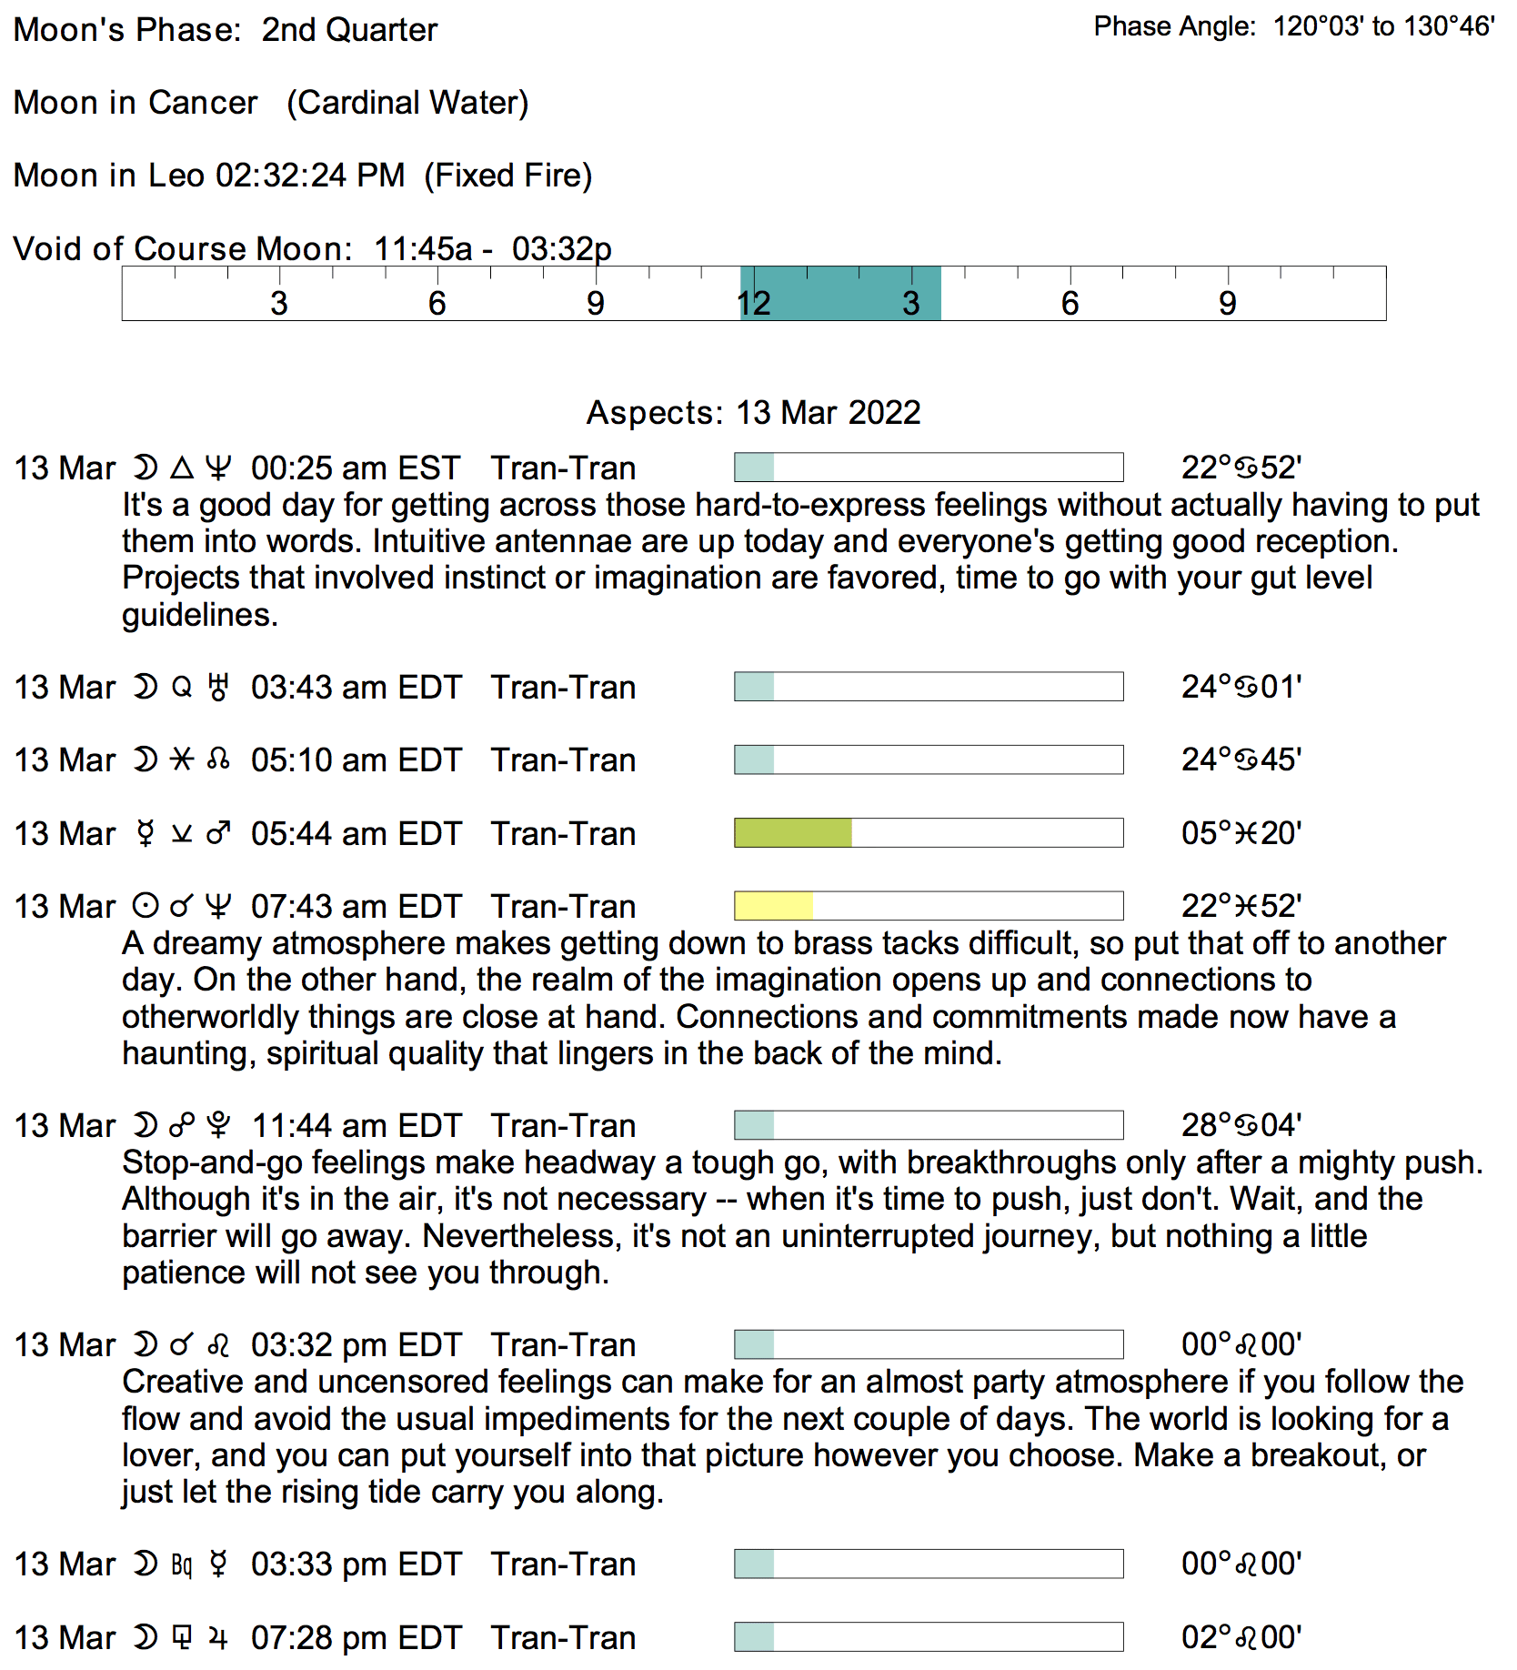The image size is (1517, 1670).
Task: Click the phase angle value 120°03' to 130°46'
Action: [1382, 26]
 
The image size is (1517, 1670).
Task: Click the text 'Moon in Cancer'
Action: [136, 103]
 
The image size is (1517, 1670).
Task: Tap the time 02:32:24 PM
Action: [309, 176]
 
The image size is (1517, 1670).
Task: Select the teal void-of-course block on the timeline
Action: [839, 293]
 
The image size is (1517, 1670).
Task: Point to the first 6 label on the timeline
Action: [437, 303]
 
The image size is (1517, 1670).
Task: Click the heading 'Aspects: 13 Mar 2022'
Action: [753, 413]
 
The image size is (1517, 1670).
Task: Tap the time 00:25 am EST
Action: [356, 468]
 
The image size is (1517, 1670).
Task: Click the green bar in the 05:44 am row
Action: [793, 833]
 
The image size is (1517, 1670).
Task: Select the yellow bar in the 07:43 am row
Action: [773, 906]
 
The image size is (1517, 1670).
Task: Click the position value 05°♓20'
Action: [1241, 833]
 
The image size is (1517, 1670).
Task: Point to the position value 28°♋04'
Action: [1241, 1126]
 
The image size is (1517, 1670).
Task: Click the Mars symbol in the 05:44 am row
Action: [218, 833]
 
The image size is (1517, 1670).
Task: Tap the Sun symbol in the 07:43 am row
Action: [145, 907]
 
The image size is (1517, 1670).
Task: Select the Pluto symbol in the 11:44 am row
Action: [218, 1126]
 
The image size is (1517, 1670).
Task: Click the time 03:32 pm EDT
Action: [356, 1345]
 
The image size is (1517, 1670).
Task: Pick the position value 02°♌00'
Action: [1241, 1638]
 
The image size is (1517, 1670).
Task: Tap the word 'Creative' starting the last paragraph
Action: [182, 1382]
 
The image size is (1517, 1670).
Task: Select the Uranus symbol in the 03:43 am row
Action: [218, 688]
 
